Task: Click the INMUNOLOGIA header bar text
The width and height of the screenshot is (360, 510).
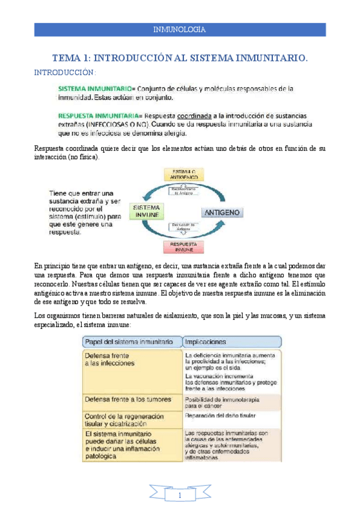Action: (180, 29)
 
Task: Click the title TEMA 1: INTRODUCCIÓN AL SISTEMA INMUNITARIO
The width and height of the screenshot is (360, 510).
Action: (180, 58)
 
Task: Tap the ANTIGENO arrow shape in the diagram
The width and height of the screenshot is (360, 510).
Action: (223, 212)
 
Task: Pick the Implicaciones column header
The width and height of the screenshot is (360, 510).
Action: (206, 341)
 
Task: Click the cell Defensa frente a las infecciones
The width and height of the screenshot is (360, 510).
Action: (109, 360)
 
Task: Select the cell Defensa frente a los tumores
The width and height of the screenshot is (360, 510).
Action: (127, 399)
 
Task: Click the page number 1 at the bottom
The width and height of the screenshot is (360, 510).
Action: (180, 495)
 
